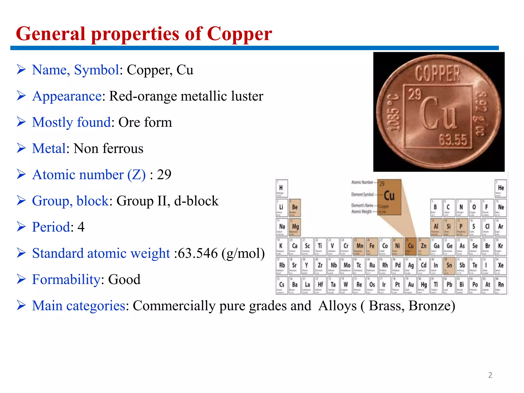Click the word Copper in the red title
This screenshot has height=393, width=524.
[239, 34]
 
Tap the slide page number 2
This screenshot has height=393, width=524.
[490, 375]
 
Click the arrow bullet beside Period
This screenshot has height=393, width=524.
[21, 227]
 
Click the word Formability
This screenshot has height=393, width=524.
[66, 279]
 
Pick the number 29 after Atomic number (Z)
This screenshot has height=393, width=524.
[164, 175]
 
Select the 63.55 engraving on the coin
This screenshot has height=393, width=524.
[453, 140]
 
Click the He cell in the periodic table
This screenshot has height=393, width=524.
[501, 188]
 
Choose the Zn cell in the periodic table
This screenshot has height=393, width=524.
[423, 246]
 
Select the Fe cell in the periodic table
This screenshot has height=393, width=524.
[372, 246]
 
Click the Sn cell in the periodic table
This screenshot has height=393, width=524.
[449, 266]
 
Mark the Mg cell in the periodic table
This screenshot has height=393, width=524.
[295, 227]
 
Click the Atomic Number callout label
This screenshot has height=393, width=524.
[362, 182]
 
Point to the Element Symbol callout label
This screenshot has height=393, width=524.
[362, 194]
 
